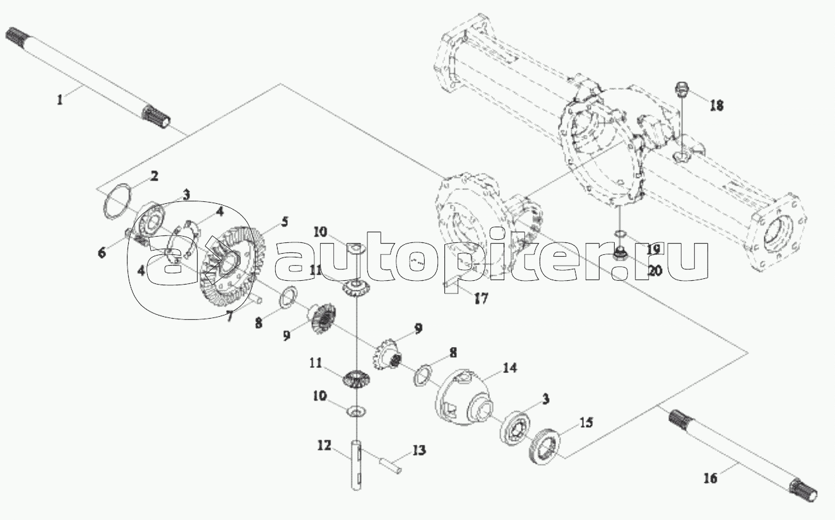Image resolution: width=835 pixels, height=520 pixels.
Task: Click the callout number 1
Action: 59,100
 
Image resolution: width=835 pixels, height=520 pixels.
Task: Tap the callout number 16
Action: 710,478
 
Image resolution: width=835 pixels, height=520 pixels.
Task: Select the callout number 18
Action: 716,105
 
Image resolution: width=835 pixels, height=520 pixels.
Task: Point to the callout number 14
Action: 509,368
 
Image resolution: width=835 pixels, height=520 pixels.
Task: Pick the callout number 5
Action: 285,222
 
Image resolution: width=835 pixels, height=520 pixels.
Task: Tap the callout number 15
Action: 586,423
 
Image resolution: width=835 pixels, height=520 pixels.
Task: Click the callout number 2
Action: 153,176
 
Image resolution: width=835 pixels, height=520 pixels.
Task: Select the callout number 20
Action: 654,271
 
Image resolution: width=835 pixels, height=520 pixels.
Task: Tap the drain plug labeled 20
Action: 619,253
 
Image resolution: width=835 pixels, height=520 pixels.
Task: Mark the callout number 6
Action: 102,253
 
